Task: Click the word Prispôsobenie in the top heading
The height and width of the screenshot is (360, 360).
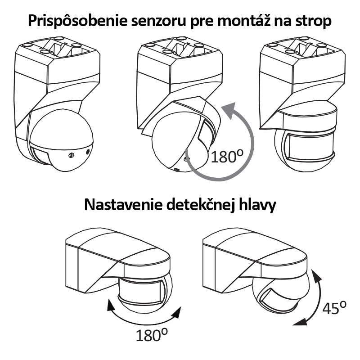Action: pyautogui.click(x=77, y=21)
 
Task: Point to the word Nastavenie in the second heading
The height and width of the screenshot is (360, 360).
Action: pyautogui.click(x=123, y=205)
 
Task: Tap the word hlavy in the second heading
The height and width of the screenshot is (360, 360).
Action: pyautogui.click(x=257, y=205)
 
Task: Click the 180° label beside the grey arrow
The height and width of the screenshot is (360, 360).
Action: pyautogui.click(x=227, y=157)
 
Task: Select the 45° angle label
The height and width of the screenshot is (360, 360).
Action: pyautogui.click(x=334, y=308)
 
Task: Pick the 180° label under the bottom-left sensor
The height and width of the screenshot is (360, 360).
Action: pyautogui.click(x=152, y=335)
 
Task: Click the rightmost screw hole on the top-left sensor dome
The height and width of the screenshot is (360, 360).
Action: pyautogui.click(x=88, y=152)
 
